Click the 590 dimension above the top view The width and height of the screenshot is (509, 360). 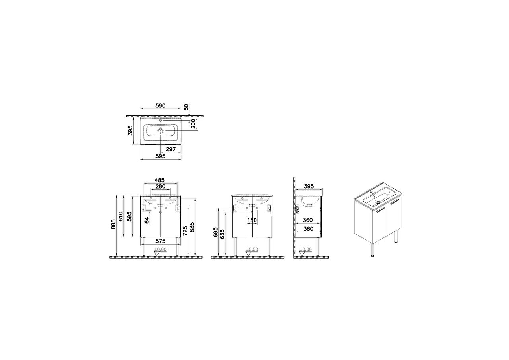point(160,106)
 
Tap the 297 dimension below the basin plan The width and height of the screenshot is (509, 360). point(171,149)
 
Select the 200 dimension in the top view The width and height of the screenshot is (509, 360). point(193,123)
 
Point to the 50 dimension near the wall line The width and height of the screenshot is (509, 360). point(186,107)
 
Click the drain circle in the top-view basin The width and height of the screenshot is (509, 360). point(161,131)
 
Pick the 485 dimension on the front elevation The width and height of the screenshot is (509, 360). point(159,180)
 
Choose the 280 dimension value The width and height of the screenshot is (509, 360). point(160,187)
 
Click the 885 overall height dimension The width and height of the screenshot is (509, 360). point(114,224)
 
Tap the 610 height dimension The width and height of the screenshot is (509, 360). point(121,216)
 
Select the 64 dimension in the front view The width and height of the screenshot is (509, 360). point(147,220)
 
